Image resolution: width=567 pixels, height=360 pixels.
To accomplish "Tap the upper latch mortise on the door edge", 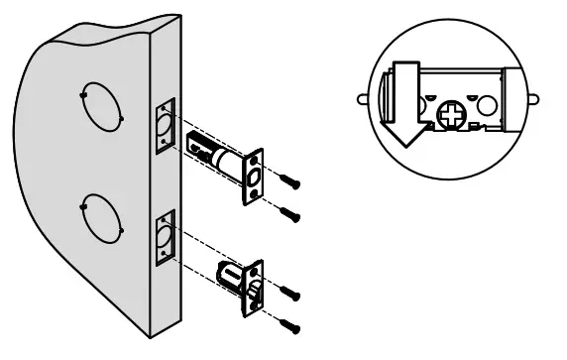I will tap(163, 124).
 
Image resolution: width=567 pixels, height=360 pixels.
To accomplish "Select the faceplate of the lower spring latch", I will tap(256, 288).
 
